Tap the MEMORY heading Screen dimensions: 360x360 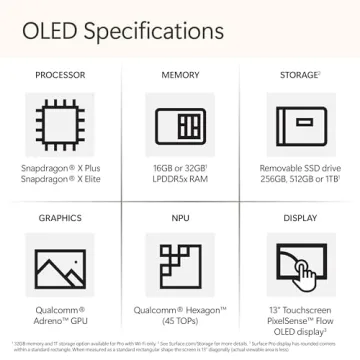point(180,75)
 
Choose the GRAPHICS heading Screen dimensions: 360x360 point(60,217)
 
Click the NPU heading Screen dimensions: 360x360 point(180,217)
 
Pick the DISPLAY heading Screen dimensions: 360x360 point(299,217)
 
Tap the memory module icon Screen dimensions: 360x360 point(180,126)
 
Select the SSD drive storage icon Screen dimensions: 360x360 point(299,126)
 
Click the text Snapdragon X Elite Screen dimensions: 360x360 point(60,178)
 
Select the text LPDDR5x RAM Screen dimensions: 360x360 point(180,178)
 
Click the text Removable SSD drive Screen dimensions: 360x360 point(299,167)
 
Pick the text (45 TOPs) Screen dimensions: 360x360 point(180,321)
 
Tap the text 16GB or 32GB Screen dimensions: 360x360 point(179,167)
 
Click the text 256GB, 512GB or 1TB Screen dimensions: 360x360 point(299,178)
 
